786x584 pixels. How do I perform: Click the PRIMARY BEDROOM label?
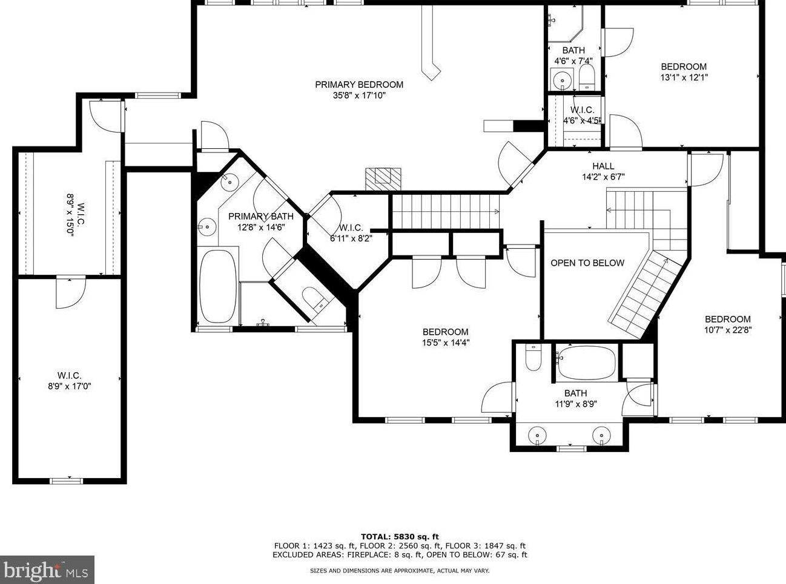(x=359, y=85)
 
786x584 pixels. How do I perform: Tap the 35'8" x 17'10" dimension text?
(x=359, y=96)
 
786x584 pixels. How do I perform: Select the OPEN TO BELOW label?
(x=587, y=263)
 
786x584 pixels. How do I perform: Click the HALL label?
(x=603, y=166)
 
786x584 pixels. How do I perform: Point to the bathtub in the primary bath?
(x=218, y=286)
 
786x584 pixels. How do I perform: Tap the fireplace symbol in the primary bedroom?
(x=383, y=176)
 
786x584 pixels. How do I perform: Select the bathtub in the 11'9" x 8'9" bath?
(x=586, y=363)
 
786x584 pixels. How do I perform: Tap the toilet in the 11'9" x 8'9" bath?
(x=533, y=358)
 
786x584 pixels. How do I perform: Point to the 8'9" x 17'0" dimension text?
(x=70, y=387)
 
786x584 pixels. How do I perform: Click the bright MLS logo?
(x=47, y=570)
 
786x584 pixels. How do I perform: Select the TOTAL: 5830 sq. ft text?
(x=400, y=536)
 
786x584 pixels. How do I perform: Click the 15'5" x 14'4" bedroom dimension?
(x=446, y=343)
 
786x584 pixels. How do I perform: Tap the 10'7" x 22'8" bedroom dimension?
(x=727, y=330)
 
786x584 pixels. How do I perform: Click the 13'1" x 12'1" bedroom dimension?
(x=684, y=77)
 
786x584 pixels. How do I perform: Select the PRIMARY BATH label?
(x=260, y=216)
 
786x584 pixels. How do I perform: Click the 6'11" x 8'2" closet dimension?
(x=351, y=238)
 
